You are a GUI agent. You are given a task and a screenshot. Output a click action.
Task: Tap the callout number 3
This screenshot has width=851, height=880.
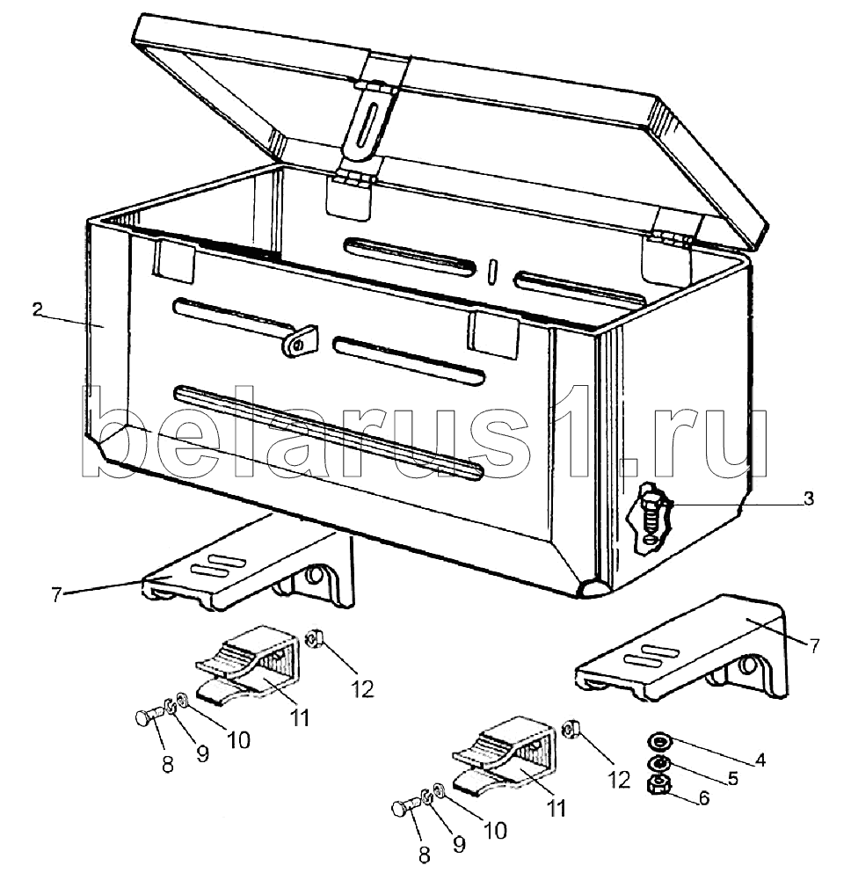click(x=808, y=498)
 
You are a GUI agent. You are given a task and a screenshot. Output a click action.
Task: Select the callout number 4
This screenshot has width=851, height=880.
click(x=760, y=760)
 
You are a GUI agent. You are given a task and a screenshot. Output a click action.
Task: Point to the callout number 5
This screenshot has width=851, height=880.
click(x=731, y=778)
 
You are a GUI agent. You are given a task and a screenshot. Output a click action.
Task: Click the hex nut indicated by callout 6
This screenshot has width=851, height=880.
click(x=658, y=783)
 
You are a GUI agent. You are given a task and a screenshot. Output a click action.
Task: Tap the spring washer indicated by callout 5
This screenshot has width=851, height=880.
click(x=658, y=761)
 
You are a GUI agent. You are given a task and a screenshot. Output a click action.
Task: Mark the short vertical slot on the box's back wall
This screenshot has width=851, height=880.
click(x=494, y=269)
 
